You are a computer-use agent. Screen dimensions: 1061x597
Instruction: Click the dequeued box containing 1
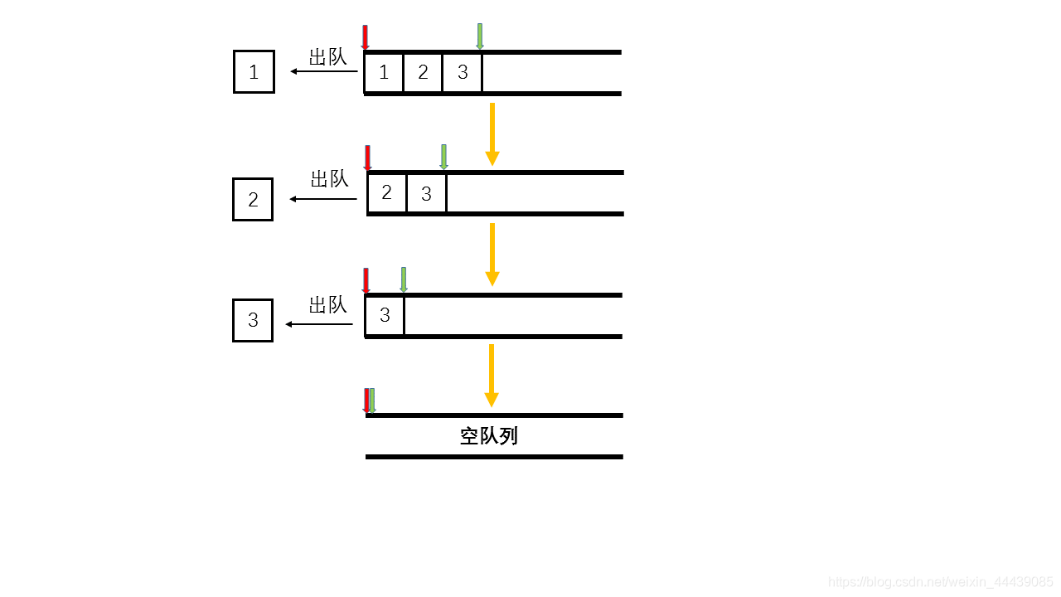click(254, 71)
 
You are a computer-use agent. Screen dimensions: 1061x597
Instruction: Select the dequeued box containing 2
click(253, 200)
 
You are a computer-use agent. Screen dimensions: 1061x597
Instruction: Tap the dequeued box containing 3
click(253, 321)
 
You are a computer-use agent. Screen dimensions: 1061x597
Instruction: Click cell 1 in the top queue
click(384, 73)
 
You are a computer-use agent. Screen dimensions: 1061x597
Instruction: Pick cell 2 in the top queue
click(423, 73)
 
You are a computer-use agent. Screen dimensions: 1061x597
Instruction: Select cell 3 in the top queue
click(463, 73)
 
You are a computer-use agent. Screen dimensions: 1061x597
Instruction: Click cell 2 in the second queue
click(387, 193)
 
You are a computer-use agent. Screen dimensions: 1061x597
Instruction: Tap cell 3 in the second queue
click(426, 194)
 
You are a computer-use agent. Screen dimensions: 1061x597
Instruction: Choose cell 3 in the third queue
click(385, 316)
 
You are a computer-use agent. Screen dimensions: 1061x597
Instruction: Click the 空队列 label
click(489, 436)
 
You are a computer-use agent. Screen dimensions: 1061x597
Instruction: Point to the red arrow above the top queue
click(365, 37)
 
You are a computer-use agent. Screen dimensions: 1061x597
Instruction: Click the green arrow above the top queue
click(480, 36)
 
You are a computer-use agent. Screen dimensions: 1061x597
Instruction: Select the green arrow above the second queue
click(443, 157)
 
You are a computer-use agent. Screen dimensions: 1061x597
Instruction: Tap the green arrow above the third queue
click(404, 279)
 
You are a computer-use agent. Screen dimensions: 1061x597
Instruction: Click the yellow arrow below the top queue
click(492, 133)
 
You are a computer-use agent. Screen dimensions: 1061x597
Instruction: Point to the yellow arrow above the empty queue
click(492, 375)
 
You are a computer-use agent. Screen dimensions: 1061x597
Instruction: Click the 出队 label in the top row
click(327, 57)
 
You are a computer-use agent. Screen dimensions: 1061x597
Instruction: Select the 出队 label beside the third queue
click(327, 305)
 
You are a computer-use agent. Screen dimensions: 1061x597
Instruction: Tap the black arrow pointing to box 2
click(323, 199)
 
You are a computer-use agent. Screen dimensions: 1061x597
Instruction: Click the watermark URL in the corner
click(941, 582)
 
